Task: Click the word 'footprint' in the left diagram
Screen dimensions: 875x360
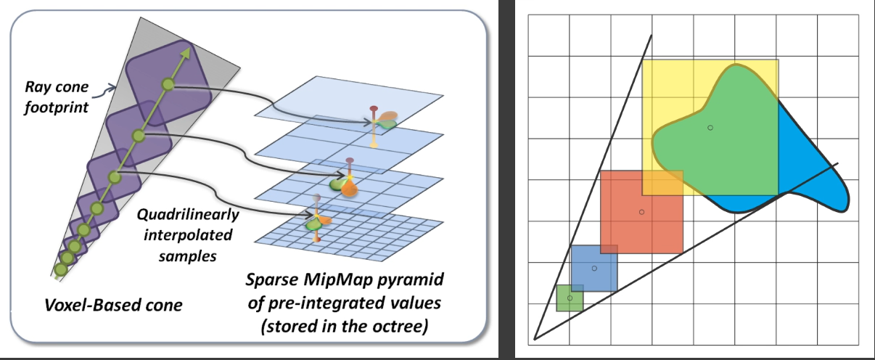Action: click(x=57, y=107)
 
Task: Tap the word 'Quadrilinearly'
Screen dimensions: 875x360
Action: click(x=187, y=215)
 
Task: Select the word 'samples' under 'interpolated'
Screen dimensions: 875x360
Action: click(x=187, y=256)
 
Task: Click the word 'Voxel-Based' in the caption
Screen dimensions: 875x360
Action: click(x=86, y=306)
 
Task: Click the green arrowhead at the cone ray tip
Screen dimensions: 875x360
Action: click(x=187, y=52)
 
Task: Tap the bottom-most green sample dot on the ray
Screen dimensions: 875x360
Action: click(x=60, y=270)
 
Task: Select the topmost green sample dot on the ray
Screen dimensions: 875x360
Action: click(x=168, y=84)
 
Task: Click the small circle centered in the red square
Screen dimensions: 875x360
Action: click(x=641, y=212)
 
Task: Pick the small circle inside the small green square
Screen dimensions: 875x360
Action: click(x=570, y=298)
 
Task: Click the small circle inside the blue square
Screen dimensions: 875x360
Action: click(x=594, y=269)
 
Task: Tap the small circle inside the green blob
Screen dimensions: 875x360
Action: click(x=710, y=128)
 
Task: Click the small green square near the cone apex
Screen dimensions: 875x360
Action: click(x=570, y=298)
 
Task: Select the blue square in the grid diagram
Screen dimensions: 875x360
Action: click(x=594, y=268)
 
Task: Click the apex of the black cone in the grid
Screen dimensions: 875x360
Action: click(x=534, y=339)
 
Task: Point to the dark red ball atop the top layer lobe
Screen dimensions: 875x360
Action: click(x=374, y=108)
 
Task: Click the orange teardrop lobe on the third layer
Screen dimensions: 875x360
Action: click(x=349, y=189)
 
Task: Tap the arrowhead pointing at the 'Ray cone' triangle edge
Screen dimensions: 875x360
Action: click(x=112, y=88)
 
